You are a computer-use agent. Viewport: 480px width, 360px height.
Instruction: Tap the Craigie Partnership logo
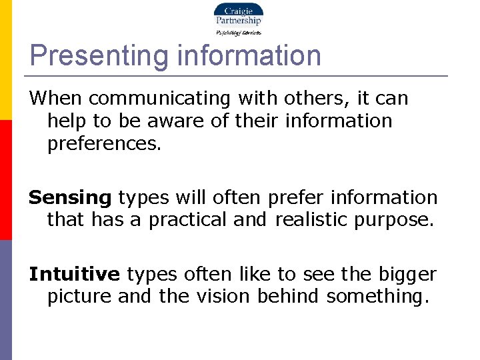237,19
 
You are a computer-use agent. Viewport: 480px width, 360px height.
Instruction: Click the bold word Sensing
70,198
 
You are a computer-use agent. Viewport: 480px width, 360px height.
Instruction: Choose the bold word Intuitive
74,274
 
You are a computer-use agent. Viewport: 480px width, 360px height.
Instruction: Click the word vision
217,297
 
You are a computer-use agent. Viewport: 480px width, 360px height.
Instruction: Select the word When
55,99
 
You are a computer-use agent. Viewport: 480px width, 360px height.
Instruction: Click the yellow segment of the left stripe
5,60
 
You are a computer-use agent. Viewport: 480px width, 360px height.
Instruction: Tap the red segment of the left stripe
5,180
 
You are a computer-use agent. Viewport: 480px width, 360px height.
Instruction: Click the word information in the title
249,56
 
